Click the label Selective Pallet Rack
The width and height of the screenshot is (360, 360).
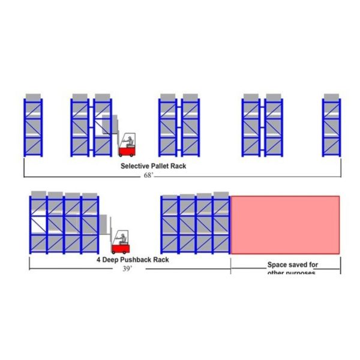click(x=153, y=166)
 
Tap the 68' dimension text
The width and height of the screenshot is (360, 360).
click(x=148, y=175)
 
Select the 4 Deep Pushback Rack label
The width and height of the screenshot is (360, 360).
click(x=133, y=260)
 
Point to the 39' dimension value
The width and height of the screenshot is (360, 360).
click(x=127, y=269)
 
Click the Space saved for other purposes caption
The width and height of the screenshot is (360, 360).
click(x=293, y=268)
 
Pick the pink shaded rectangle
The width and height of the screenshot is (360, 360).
click(x=285, y=224)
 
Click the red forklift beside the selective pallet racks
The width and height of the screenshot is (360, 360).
click(x=127, y=146)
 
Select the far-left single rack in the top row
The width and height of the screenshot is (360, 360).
click(x=34, y=127)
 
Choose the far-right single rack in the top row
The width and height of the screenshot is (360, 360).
click(x=332, y=127)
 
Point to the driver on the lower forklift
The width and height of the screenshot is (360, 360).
click(x=123, y=236)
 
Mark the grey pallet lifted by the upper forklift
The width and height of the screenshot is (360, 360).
click(x=108, y=125)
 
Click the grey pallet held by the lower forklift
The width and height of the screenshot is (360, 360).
click(x=104, y=223)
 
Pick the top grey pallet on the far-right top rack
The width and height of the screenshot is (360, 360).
click(x=332, y=97)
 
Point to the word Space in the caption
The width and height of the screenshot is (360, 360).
click(x=277, y=263)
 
